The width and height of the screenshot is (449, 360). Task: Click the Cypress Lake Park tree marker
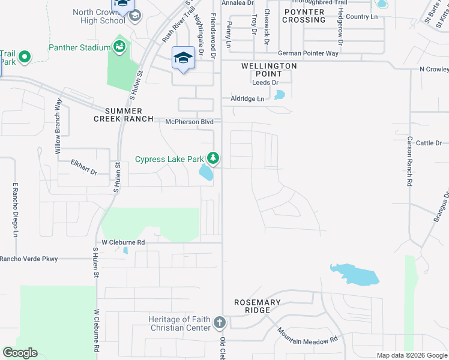click(212, 158)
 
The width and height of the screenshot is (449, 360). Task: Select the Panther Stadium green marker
click(119, 47)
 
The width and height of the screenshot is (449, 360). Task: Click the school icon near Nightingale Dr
click(183, 58)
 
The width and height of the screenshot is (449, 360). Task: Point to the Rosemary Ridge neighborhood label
click(258, 307)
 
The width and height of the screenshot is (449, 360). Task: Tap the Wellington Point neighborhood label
click(269, 70)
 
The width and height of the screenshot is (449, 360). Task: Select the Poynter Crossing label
click(304, 16)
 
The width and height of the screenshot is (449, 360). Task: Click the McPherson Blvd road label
click(190, 122)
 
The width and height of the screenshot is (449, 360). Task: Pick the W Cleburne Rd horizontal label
click(123, 242)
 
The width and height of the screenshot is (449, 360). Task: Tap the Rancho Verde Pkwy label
click(29, 259)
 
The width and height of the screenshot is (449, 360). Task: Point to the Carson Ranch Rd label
click(409, 159)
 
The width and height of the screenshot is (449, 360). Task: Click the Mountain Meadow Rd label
click(307, 335)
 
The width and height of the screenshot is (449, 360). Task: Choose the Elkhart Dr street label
click(84, 166)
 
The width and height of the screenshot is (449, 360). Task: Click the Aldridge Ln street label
click(247, 98)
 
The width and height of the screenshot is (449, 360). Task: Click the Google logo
click(20, 353)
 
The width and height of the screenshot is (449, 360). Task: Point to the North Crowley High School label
click(99, 16)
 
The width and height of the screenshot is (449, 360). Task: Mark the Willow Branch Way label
click(58, 126)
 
